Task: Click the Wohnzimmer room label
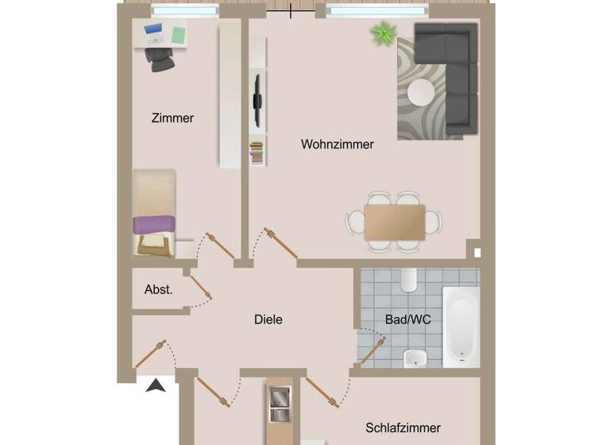click(337, 145)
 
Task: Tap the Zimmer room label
click(172, 118)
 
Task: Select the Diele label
click(268, 319)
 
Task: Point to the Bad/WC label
click(407, 319)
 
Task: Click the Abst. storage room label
click(158, 290)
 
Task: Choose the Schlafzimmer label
click(403, 428)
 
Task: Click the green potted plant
click(384, 33)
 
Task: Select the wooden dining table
click(394, 222)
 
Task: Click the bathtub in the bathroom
click(461, 326)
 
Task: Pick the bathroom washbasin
click(415, 358)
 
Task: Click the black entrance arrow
click(156, 386)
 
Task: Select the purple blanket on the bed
click(154, 225)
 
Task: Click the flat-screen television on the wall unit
click(257, 100)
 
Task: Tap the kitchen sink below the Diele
click(280, 404)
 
